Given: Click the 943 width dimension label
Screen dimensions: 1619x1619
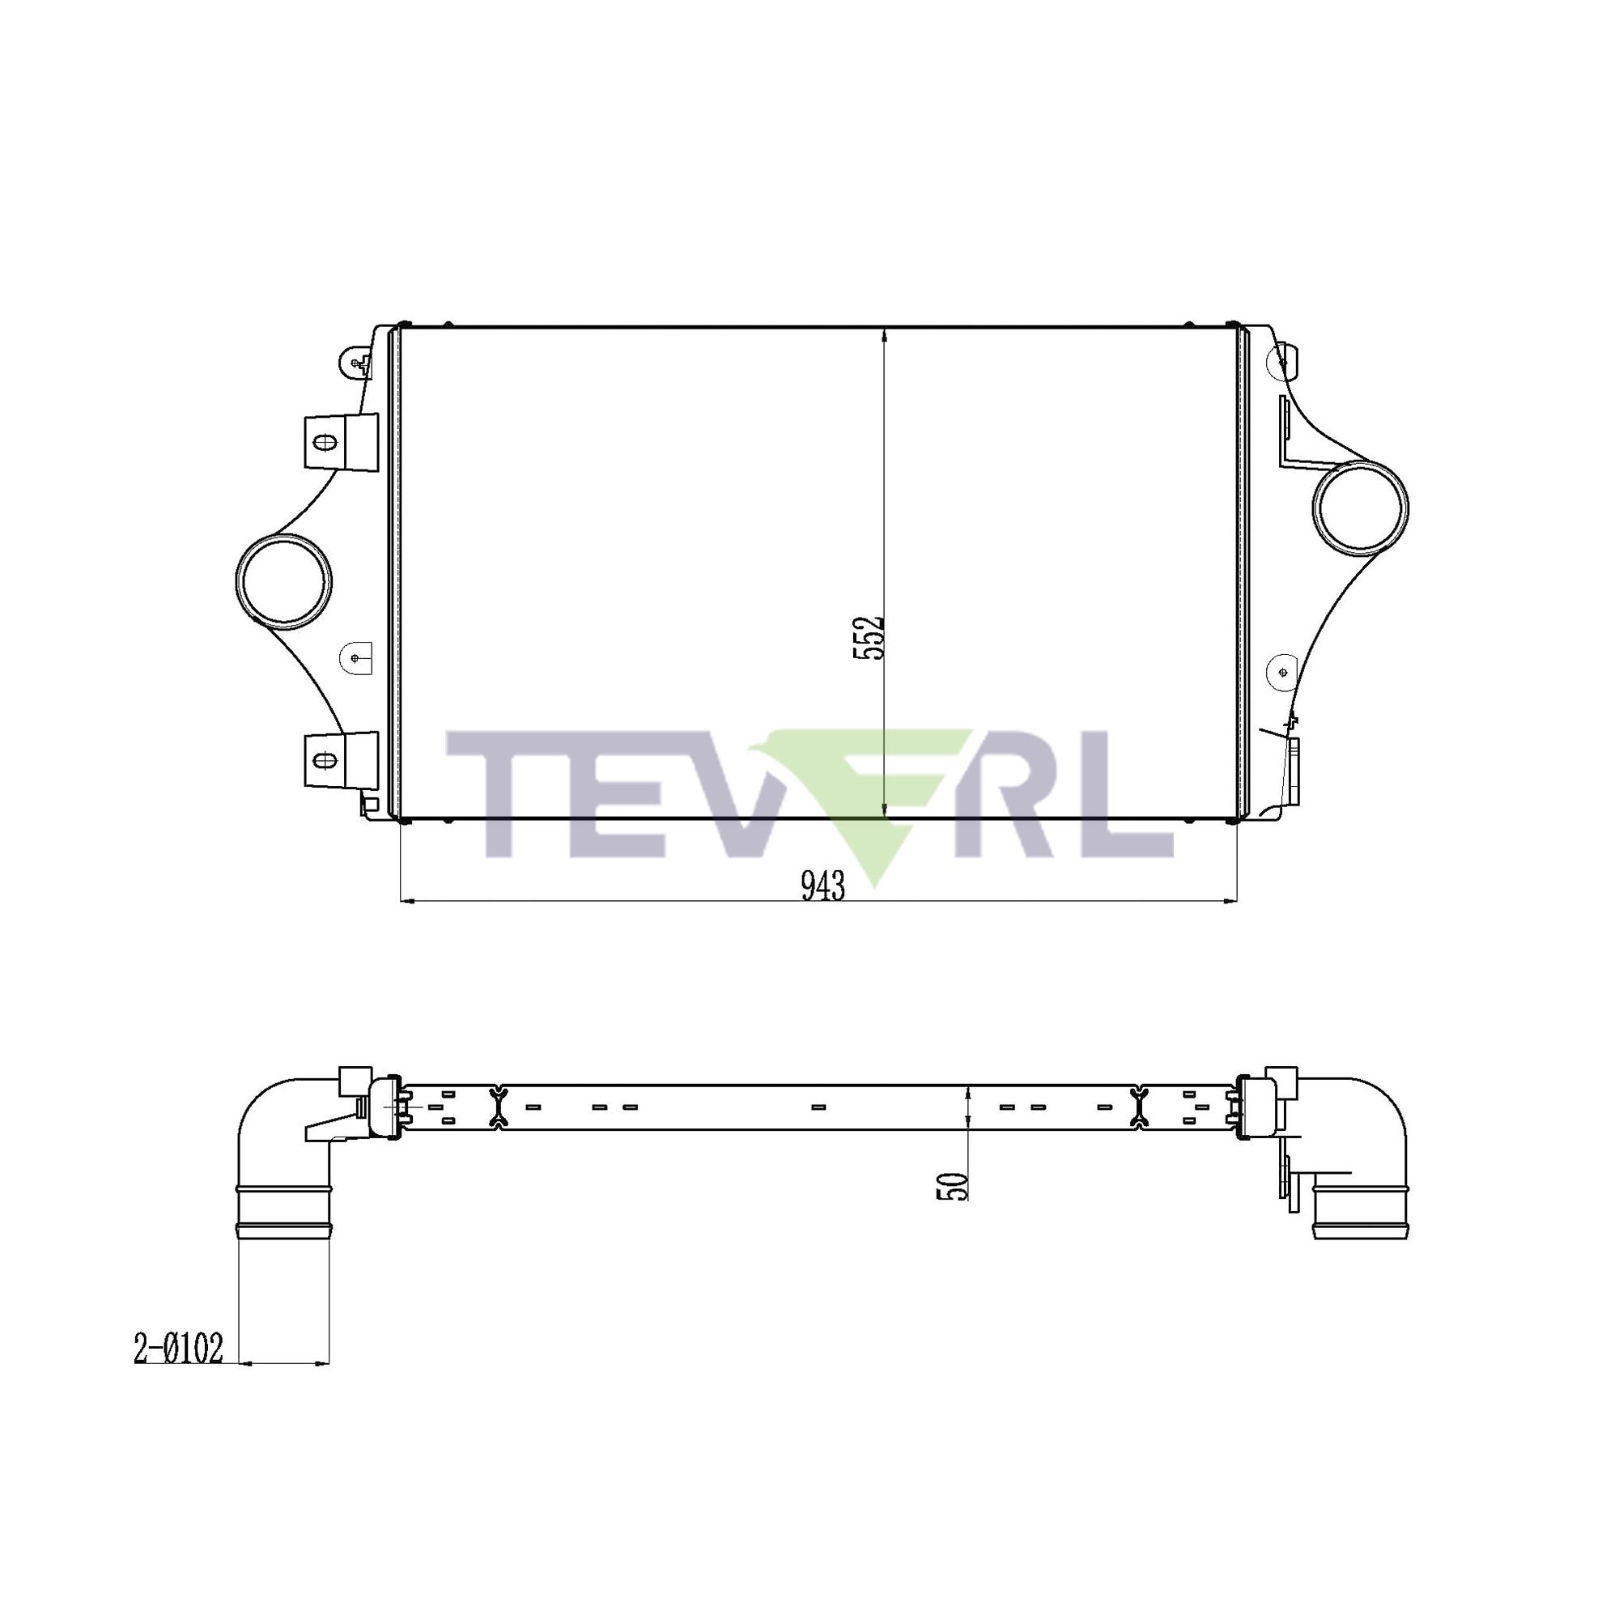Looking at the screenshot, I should pyautogui.click(x=823, y=886).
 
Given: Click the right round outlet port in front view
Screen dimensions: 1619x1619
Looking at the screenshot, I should pyautogui.click(x=1361, y=508).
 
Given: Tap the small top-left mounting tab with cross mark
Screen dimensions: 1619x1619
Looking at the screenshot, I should pyautogui.click(x=357, y=362).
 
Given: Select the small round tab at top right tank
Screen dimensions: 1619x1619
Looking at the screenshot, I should pyautogui.click(x=1284, y=362).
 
